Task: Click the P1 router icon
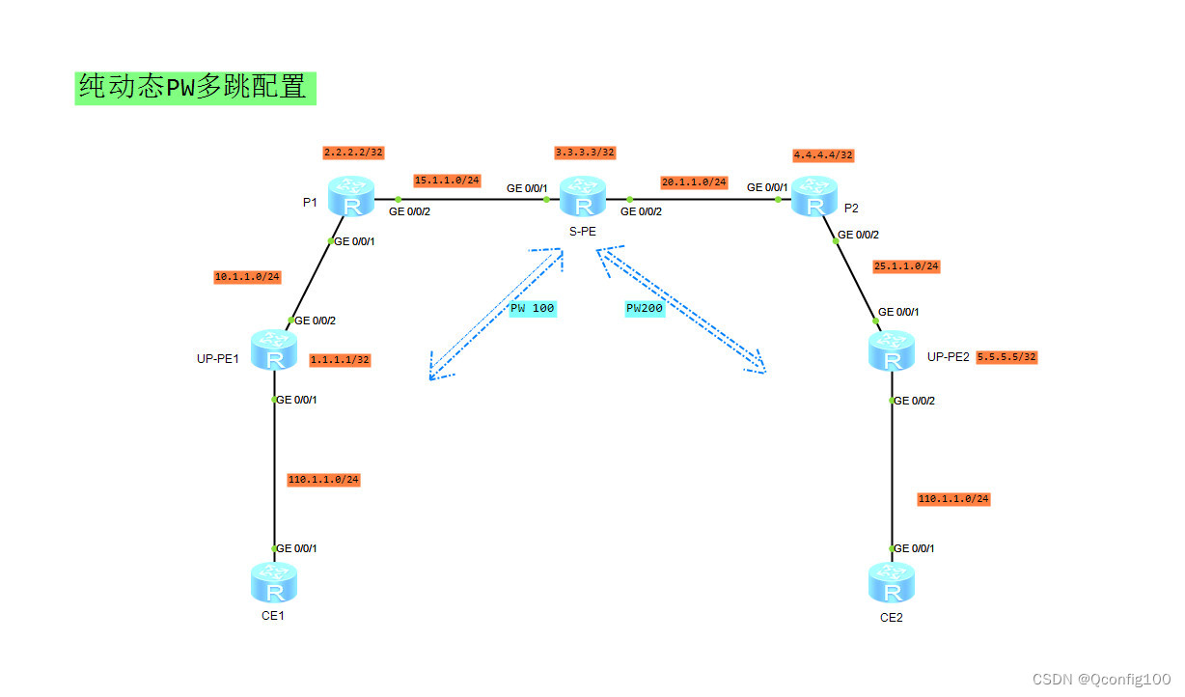pyautogui.click(x=349, y=197)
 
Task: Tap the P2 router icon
pyautogui.click(x=814, y=197)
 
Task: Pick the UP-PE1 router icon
pyautogui.click(x=274, y=350)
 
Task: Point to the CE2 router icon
pyautogui.click(x=891, y=583)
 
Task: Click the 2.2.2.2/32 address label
pyautogui.click(x=353, y=153)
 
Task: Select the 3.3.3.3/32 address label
pyautogui.click(x=585, y=153)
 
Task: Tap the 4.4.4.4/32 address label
pyautogui.click(x=823, y=154)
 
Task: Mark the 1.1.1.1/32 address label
pyautogui.click(x=340, y=360)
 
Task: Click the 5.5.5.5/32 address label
pyautogui.click(x=1006, y=357)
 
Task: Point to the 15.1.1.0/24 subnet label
pyautogui.click(x=447, y=180)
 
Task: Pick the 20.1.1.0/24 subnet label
pyautogui.click(x=694, y=181)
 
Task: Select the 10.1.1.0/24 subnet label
pyautogui.click(x=247, y=277)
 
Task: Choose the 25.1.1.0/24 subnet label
pyautogui.click(x=906, y=266)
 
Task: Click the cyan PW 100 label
pyautogui.click(x=532, y=308)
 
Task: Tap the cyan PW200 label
pyautogui.click(x=646, y=308)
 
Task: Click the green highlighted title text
pyautogui.click(x=195, y=88)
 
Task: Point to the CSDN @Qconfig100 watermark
pyautogui.click(x=1101, y=680)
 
